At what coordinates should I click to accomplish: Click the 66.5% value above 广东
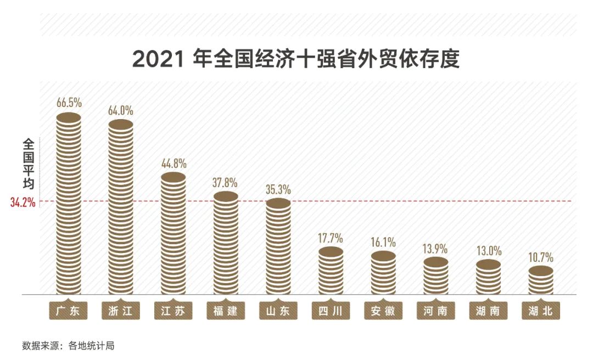[69, 103]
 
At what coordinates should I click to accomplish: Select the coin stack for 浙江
[121, 209]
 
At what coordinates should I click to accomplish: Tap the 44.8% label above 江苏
[174, 164]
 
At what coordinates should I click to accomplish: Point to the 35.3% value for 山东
[278, 190]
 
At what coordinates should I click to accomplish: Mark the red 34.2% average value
[23, 202]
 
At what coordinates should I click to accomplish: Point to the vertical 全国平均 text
[29, 164]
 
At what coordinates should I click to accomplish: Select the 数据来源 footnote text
[68, 346]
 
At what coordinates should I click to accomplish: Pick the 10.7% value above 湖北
[541, 257]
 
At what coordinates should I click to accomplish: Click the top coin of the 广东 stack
[69, 117]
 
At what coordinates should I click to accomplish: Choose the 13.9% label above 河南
[435, 248]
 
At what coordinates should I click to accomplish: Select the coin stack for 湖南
[488, 277]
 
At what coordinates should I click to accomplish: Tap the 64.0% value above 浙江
[121, 110]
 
